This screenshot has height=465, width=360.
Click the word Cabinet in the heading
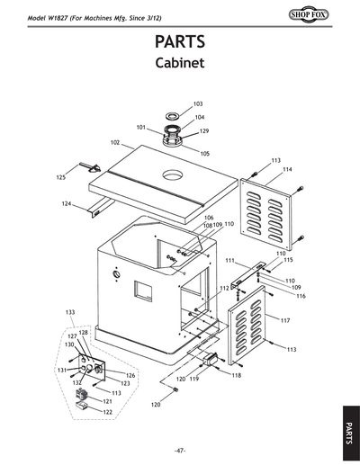point(180,65)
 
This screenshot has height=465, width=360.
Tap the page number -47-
point(180,450)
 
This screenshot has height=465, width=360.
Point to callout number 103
point(198,104)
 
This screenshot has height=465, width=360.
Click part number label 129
point(203,131)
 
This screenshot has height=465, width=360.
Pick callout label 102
point(115,142)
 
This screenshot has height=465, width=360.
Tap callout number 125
point(61,178)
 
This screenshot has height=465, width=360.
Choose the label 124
point(66,203)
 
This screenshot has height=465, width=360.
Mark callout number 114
point(287,169)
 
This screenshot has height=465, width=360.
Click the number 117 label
point(284,320)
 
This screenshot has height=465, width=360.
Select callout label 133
point(70,311)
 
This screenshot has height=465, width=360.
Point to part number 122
point(107,411)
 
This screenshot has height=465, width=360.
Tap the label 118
point(236,375)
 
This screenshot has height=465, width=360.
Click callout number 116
point(301,296)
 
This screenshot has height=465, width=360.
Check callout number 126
point(130,375)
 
